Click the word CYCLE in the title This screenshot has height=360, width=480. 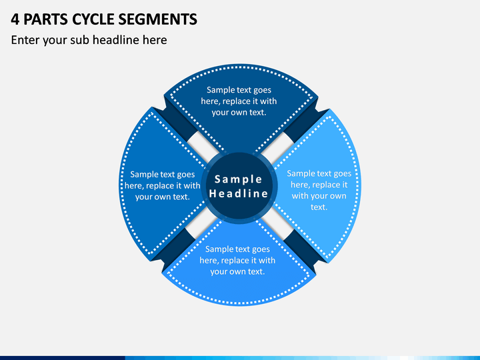tap(93, 19)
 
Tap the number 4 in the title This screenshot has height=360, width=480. tap(15, 19)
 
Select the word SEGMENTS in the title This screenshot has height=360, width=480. tap(157, 19)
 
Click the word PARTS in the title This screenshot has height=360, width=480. tap(45, 19)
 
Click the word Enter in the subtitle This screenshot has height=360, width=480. tap(25, 40)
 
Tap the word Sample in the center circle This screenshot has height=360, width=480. tap(239, 179)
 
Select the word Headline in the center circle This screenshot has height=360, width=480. tap(239, 193)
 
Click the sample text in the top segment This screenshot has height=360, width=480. tap(239, 101)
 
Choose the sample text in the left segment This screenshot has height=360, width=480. tap(163, 185)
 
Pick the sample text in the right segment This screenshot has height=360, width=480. tap(319, 190)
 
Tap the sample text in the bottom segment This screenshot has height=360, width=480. tap(237, 260)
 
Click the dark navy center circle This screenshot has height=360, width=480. tap(239, 186)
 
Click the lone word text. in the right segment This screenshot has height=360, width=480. tap(319, 207)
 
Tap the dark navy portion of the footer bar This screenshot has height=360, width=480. tap(63, 358)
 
